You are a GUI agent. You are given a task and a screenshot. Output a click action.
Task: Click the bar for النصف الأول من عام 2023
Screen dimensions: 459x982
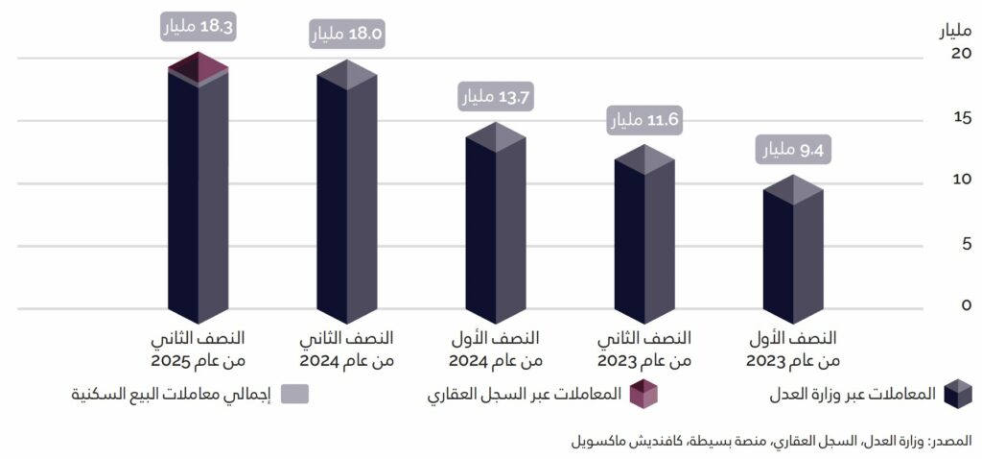point(793,254)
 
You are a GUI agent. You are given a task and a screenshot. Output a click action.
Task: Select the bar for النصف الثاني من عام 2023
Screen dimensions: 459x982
point(644,240)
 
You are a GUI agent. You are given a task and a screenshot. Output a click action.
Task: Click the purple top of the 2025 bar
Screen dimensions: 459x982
point(199,67)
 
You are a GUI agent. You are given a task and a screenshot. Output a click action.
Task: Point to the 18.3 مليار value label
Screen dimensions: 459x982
point(199,27)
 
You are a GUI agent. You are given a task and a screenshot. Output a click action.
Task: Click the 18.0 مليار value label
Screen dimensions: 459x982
point(347,35)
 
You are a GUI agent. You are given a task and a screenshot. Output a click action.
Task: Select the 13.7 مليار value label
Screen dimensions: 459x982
point(496,96)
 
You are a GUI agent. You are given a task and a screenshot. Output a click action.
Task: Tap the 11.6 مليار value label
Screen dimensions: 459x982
point(644,120)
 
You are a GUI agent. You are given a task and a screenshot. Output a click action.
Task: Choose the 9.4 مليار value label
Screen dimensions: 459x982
point(794,150)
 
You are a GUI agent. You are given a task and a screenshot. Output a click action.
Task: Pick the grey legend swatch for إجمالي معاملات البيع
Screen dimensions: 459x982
point(295,394)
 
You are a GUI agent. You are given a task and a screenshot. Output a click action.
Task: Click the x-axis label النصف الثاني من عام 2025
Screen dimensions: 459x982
point(199,350)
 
